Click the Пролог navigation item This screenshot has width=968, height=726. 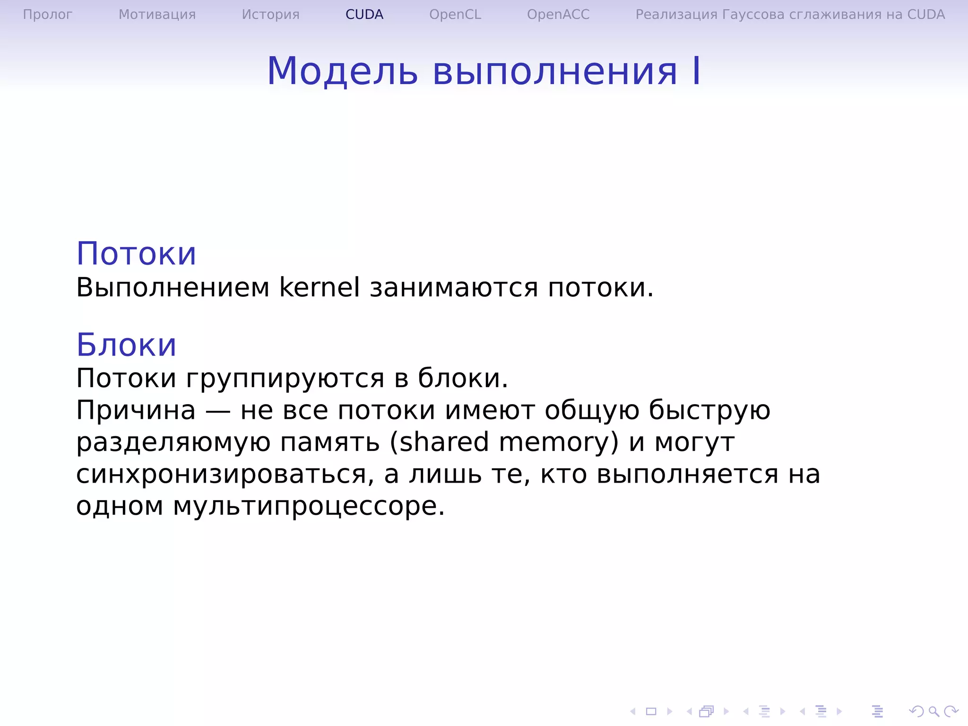pos(47,15)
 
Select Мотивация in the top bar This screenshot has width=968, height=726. pos(157,15)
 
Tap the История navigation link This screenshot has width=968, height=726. pos(270,15)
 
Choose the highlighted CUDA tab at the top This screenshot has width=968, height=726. pos(364,15)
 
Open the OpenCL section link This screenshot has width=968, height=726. pos(455,15)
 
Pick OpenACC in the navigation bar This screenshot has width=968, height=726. pos(558,15)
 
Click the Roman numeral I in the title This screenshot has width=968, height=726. pos(696,71)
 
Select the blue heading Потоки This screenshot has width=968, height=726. pos(136,254)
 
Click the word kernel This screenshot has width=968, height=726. pos(319,287)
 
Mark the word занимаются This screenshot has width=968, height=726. pos(454,288)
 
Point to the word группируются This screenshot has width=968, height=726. pos(285,379)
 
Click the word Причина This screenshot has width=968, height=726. pos(136,410)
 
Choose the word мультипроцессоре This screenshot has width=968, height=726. pos(309,506)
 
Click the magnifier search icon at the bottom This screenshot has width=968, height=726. pos(933,711)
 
